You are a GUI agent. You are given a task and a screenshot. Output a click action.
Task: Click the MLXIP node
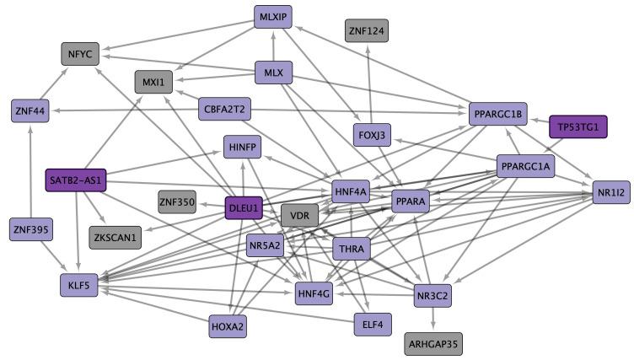[272, 17]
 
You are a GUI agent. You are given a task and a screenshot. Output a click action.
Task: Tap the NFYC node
[80, 55]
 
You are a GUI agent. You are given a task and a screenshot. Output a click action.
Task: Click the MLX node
[272, 73]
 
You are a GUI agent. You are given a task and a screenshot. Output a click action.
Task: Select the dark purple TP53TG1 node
[578, 126]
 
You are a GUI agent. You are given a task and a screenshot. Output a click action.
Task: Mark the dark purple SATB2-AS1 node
[75, 180]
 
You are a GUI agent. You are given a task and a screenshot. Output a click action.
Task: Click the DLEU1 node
[244, 208]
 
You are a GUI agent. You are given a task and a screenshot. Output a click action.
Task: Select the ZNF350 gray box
[177, 202]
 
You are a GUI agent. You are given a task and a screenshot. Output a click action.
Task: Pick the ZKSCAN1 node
[117, 238]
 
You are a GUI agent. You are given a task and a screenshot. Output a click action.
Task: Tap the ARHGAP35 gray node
[433, 344]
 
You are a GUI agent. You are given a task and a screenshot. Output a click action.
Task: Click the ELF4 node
[373, 324]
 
